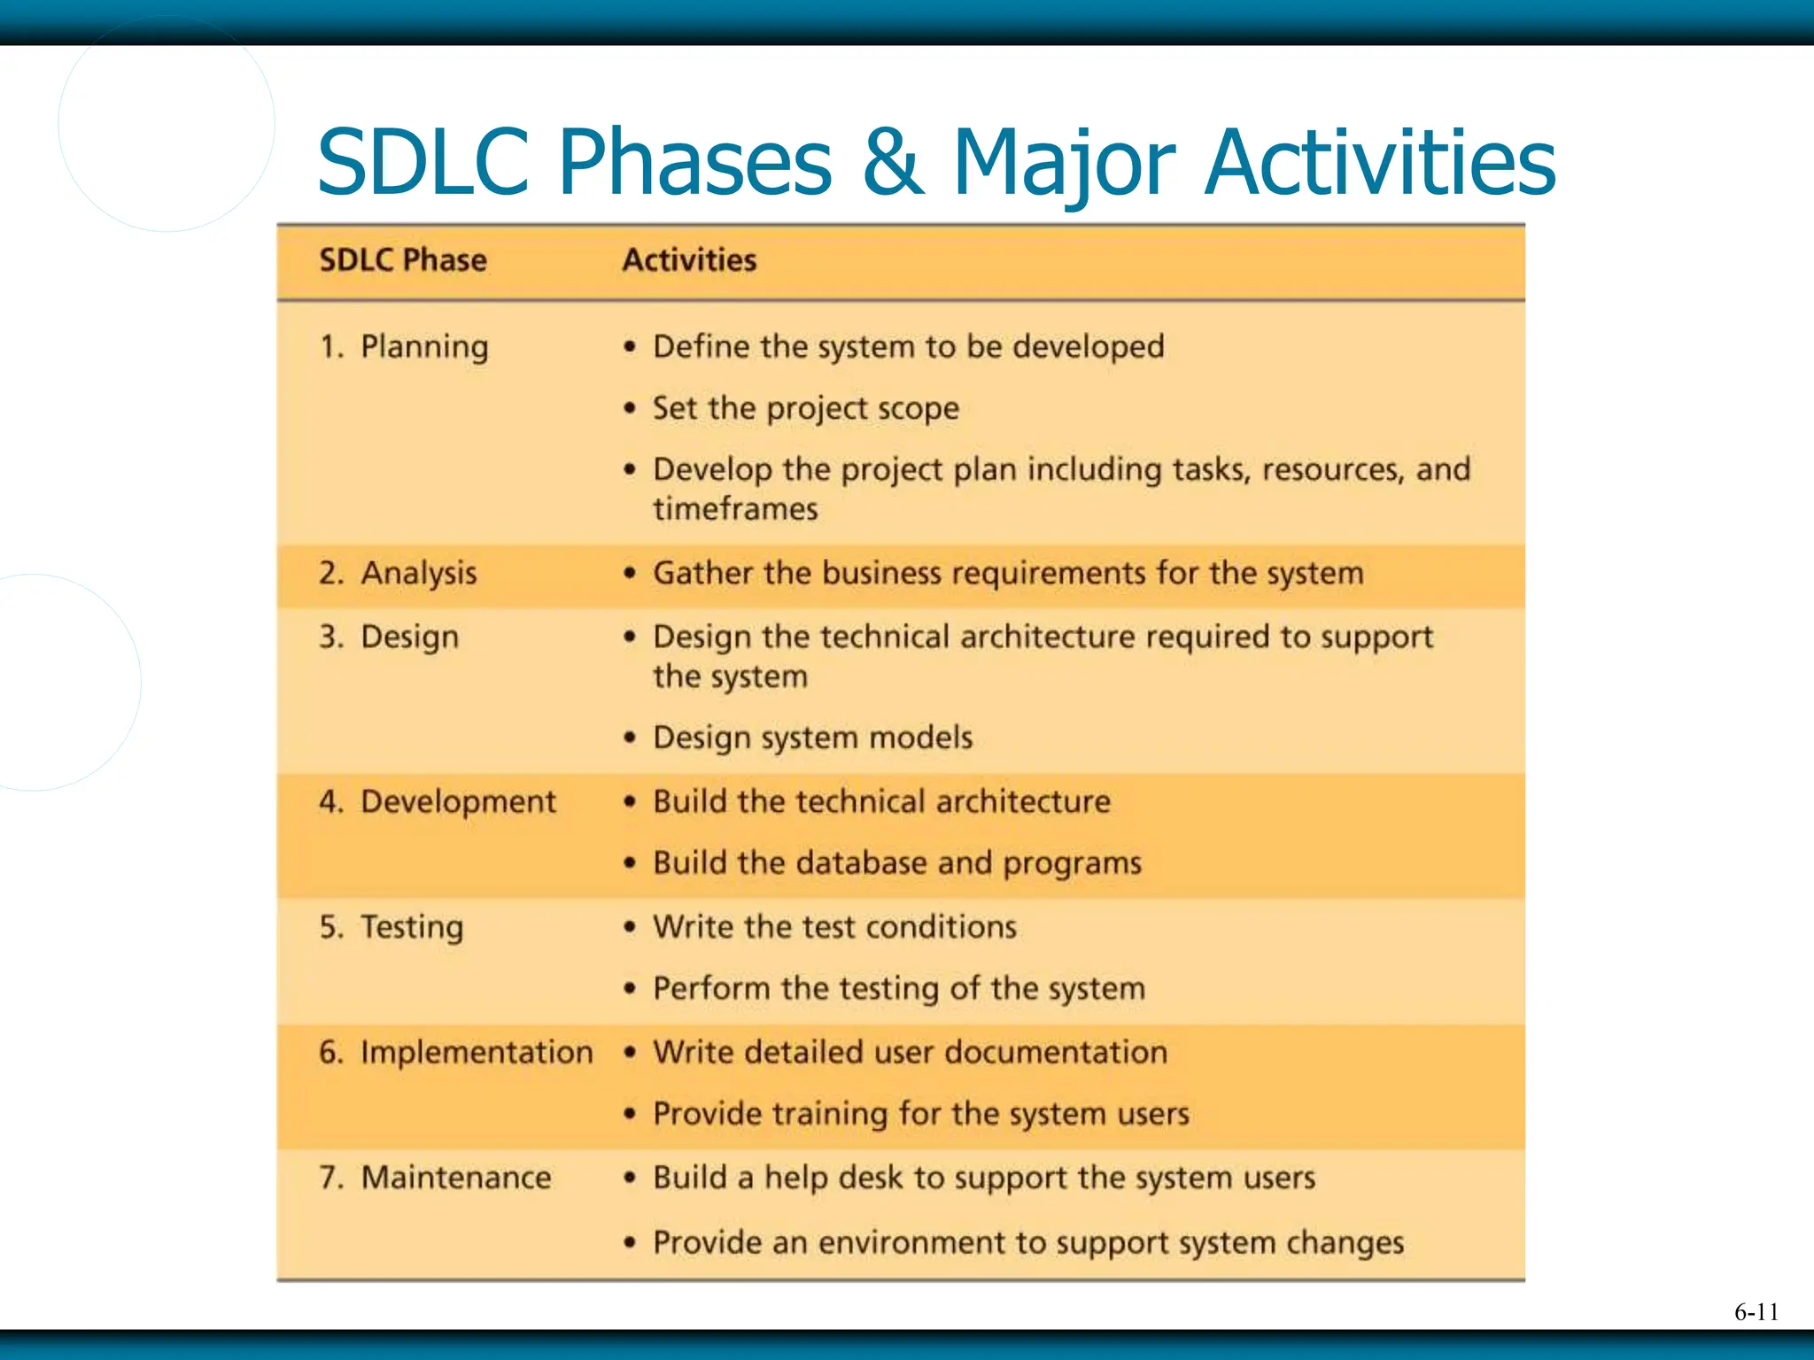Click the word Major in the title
pos(1063,163)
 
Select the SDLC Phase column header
pos(403,260)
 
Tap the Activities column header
pos(689,260)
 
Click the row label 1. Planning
pos(404,347)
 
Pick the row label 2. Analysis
pos(398,574)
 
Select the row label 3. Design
pos(389,637)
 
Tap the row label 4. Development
pos(438,802)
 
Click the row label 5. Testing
pos(391,927)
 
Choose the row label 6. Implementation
pos(455,1053)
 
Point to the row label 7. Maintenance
pos(435,1178)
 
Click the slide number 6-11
pos(1756,1312)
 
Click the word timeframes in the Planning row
pos(735,509)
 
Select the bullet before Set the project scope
pos(630,408)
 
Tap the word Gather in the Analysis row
pos(703,574)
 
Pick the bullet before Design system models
pos(630,738)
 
